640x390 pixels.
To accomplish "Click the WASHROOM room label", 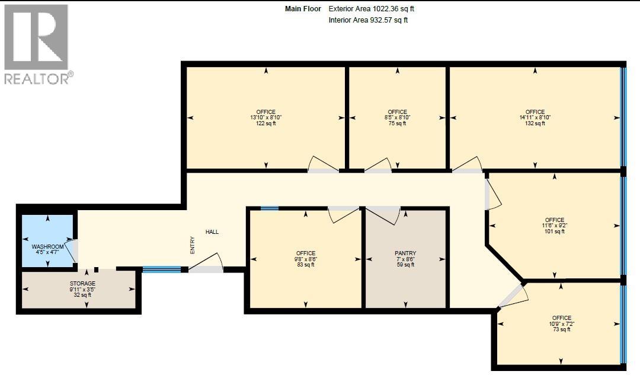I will pyautogui.click(x=47, y=246).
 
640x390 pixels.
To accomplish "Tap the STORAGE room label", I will pyautogui.click(x=82, y=284).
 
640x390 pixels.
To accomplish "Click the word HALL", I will pyautogui.click(x=212, y=232).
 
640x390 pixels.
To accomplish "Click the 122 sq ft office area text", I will pyautogui.click(x=266, y=123).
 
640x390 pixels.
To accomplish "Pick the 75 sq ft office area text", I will pyautogui.click(x=398, y=123).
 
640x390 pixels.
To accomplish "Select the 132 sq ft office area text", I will pyautogui.click(x=535, y=123).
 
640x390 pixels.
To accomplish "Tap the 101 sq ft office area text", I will pyautogui.click(x=555, y=232).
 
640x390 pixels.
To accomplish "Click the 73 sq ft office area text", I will pyautogui.click(x=561, y=329).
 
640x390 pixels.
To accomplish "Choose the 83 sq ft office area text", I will pyautogui.click(x=306, y=265).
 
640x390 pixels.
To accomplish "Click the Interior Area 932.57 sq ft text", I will pyautogui.click(x=368, y=20).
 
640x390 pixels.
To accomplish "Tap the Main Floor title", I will pyautogui.click(x=303, y=9).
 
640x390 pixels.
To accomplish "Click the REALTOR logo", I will pyautogui.click(x=37, y=44).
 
